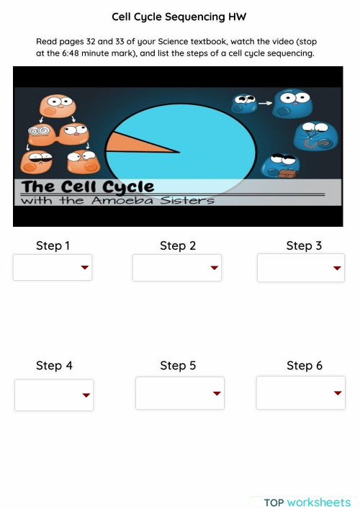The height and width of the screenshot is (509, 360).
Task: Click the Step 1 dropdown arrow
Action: pos(84,268)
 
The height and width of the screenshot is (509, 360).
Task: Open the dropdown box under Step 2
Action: pos(176,268)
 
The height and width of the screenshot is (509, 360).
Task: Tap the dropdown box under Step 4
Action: pos(54,395)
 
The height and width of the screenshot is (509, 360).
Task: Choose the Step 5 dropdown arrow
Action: pos(217,393)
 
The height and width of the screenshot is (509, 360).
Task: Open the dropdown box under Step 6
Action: pos(300,392)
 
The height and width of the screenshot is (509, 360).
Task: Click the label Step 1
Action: pos(53,246)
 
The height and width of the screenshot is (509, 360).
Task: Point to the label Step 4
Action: pos(54,366)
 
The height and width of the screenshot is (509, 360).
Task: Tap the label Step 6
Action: pos(305,366)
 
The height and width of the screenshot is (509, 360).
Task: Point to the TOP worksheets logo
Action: pos(307,502)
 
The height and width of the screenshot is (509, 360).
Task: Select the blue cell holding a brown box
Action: pos(279,166)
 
